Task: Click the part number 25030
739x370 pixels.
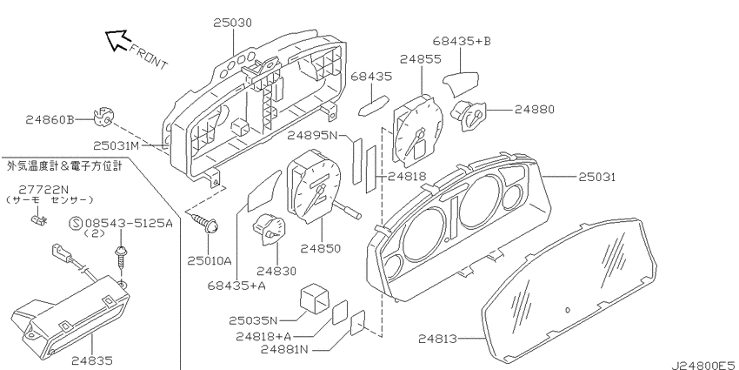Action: (x=232, y=23)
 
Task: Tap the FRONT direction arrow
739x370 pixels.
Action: (x=117, y=40)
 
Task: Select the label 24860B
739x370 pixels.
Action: (x=50, y=120)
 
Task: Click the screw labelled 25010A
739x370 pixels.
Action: (x=206, y=223)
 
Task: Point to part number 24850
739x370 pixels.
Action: (x=321, y=248)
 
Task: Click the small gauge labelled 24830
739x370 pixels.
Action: (x=270, y=229)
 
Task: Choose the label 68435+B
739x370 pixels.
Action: (x=462, y=41)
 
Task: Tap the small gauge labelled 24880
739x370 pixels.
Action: (x=467, y=115)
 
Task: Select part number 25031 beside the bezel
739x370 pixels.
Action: (x=597, y=177)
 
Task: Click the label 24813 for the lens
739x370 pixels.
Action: (x=437, y=339)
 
